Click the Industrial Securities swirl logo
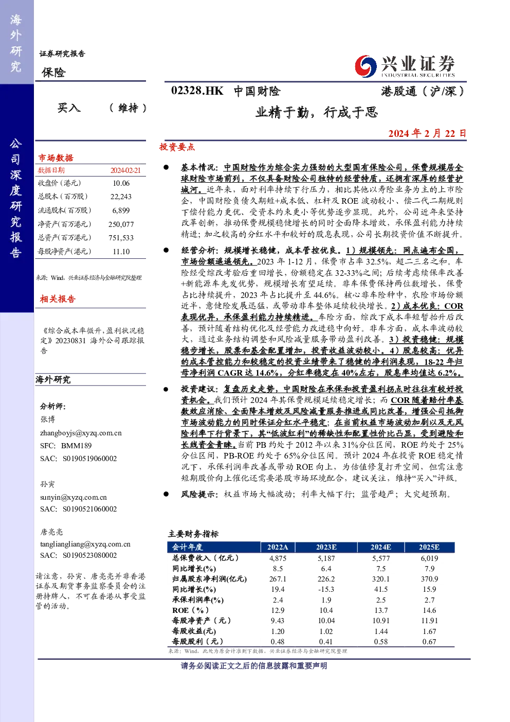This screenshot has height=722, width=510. [x=366, y=66]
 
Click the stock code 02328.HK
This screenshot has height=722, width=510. [x=197, y=91]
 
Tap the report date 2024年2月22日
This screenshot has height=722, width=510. [x=427, y=133]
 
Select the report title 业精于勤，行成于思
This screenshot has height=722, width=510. [x=317, y=112]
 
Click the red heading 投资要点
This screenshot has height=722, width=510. [x=177, y=147]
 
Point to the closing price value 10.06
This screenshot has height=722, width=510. [x=121, y=183]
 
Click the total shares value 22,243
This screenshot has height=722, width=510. [x=121, y=197]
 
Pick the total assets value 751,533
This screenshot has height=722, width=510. [x=121, y=238]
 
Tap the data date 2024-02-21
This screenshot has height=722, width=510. [x=125, y=170]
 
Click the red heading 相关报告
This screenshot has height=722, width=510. [x=58, y=299]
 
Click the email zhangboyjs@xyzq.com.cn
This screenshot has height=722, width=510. [x=81, y=433]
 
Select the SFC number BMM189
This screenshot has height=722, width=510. [x=76, y=446]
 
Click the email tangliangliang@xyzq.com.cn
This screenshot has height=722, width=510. [x=85, y=544]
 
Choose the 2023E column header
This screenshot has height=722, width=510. [x=326, y=547]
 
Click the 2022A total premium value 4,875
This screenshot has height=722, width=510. [x=278, y=558]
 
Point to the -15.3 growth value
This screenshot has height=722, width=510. [x=326, y=589]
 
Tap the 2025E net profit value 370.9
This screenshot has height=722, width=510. [x=429, y=579]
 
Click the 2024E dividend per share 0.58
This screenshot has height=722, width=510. [x=380, y=641]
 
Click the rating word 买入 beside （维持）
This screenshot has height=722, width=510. [x=69, y=108]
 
